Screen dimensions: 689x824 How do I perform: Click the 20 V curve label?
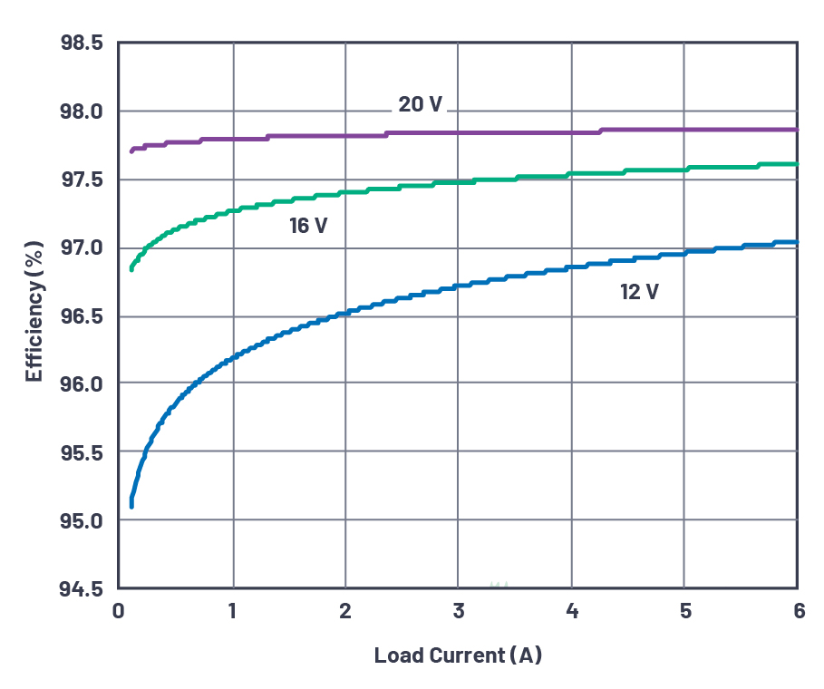pos(421,104)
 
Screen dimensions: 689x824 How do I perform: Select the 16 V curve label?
pos(308,226)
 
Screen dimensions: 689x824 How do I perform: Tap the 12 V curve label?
pos(639,292)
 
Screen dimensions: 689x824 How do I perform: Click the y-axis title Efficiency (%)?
pos(34,311)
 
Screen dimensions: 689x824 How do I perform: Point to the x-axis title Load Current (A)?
pos(458,655)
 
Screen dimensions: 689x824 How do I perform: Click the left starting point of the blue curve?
pos(131,505)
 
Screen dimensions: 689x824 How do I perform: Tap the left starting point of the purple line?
pos(131,150)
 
